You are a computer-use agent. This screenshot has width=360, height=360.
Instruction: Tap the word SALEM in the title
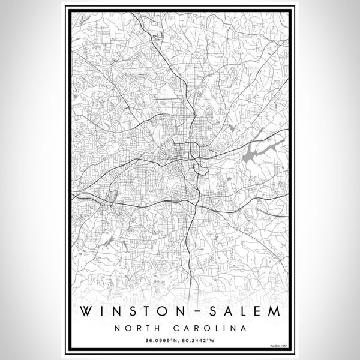pyautogui.click(x=239, y=313)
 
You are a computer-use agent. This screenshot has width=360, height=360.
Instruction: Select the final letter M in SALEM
pyautogui.click(x=274, y=313)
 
